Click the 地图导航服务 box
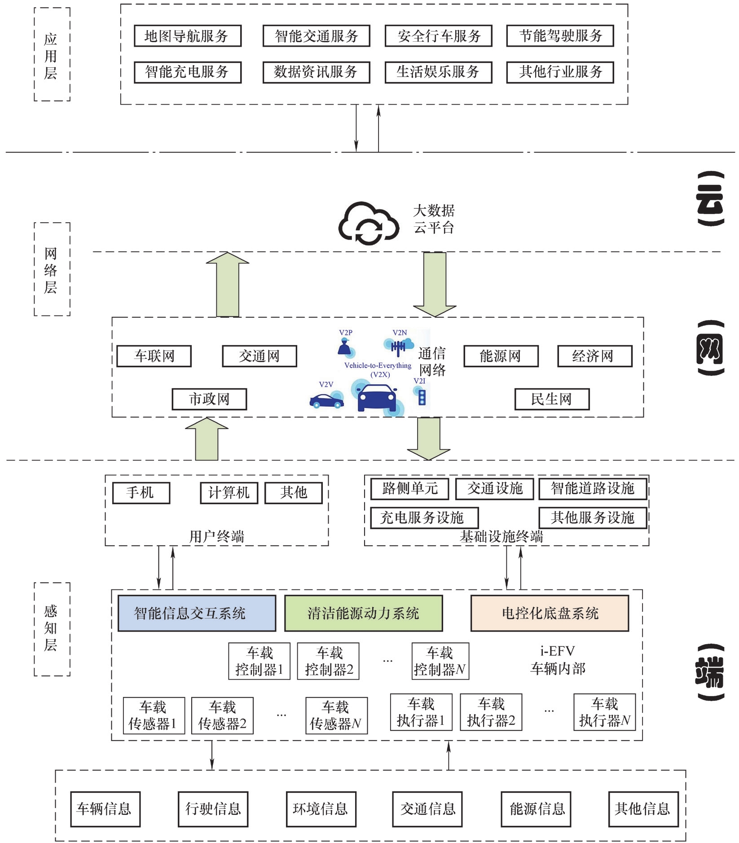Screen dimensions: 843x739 pos(188,36)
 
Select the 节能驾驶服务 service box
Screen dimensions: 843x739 pos(560,36)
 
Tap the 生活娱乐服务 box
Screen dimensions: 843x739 pos(438,72)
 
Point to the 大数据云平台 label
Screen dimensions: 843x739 pos(434,219)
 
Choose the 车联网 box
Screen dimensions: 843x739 pos(154,356)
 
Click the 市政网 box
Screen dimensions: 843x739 pos(209,399)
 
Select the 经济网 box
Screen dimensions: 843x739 pos(594,356)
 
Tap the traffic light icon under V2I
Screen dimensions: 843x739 pos(422,397)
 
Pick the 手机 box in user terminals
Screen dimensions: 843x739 pos(141,493)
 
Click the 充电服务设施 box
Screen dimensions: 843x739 pos(424,518)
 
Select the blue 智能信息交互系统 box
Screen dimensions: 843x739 pos(197,613)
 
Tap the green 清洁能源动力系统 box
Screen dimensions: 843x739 pos(363,613)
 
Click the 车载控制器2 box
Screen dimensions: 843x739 pos(328,661)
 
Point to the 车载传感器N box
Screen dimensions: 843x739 pos(336,716)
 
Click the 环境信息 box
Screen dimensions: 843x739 pos(321,809)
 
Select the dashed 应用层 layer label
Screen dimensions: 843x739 pos(52,55)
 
